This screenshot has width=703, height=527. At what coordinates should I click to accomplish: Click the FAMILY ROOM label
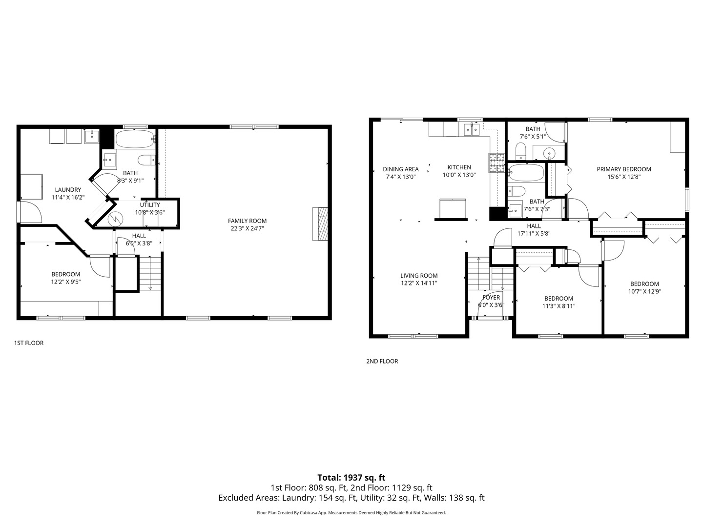pos(247,221)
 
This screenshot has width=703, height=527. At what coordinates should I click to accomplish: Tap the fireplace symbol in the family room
pos(320,224)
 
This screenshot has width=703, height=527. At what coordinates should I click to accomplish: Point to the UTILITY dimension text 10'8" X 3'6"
pos(150,212)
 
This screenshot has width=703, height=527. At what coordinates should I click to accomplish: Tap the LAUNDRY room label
pos(68,190)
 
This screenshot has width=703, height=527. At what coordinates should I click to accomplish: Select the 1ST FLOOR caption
pos(28,343)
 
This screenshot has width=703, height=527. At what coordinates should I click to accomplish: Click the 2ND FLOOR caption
pos(382,362)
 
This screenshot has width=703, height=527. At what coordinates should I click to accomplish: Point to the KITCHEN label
pos(459,167)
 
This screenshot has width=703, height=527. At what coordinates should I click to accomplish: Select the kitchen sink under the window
pos(472,129)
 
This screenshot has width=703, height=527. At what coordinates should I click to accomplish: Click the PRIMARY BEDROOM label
pos(623,169)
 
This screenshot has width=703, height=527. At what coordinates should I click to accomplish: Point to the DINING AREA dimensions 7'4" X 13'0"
pos(400,177)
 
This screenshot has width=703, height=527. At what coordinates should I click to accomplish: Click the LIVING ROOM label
pos(419,276)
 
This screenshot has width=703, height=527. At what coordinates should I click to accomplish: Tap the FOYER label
pos(491,298)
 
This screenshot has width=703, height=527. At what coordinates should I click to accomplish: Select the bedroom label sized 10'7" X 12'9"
pos(644,284)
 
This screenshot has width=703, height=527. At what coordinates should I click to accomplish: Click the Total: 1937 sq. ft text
pos(351,478)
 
